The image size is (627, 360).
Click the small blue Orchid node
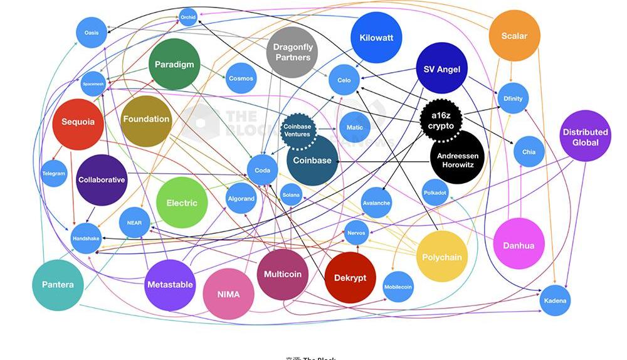click(188, 18)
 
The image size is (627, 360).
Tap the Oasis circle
click(92, 33)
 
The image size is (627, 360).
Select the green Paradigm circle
click(174, 64)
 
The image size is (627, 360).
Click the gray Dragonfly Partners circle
click(293, 52)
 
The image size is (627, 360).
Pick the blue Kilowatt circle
click(376, 38)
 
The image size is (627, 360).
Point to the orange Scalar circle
click(514, 36)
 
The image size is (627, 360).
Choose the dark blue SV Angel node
click(442, 68)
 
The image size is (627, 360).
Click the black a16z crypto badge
click(441, 120)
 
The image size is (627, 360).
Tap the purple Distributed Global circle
click(585, 136)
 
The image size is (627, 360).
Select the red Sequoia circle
click(78, 122)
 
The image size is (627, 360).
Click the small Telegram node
click(54, 173)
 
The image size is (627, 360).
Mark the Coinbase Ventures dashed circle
click(297, 130)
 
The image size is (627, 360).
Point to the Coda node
click(262, 170)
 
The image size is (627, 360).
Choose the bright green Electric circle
click(182, 203)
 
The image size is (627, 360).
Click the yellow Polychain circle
click(442, 257)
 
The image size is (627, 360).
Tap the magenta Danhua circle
click(519, 245)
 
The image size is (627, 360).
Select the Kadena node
click(555, 300)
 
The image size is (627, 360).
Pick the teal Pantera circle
click(58, 284)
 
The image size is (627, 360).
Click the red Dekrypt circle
click(350, 277)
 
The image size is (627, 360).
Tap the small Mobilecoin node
click(398, 287)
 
